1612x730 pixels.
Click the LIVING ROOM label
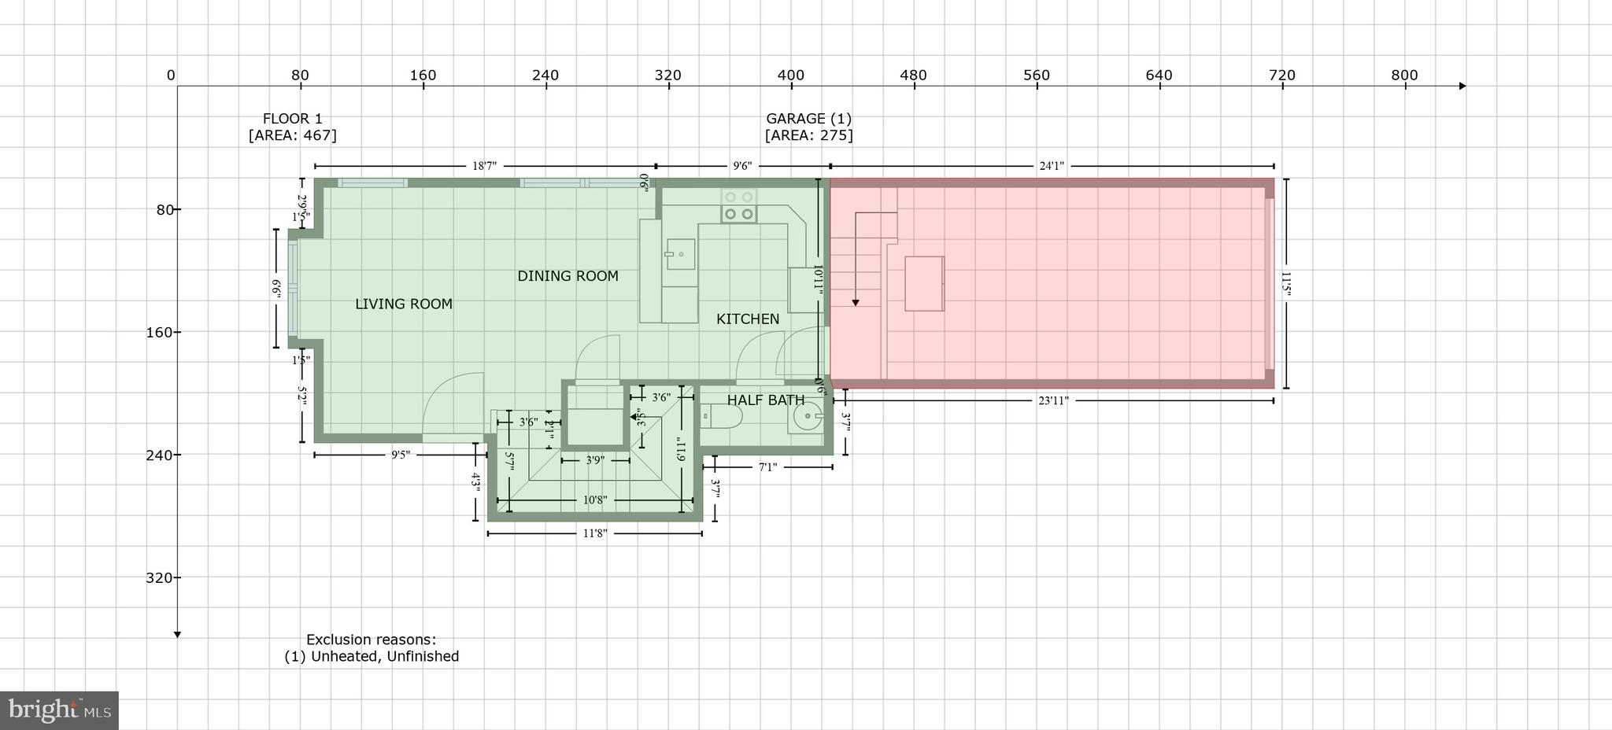click(403, 304)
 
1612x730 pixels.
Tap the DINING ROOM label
click(568, 276)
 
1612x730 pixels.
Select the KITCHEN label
click(748, 319)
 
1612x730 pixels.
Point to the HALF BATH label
click(765, 400)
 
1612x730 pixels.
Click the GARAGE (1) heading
click(808, 119)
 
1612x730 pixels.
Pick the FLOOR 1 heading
click(292, 119)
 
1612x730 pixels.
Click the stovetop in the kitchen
click(739, 206)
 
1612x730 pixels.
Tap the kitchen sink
click(680, 254)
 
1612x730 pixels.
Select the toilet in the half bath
click(720, 415)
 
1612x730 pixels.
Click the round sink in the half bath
click(806, 416)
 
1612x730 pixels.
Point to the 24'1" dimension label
click(1052, 166)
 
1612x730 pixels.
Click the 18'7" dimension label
click(484, 166)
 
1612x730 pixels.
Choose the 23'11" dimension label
click(1053, 400)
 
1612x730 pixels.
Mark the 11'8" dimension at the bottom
click(595, 533)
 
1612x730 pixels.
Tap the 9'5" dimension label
click(401, 455)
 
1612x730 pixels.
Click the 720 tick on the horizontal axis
click(1281, 76)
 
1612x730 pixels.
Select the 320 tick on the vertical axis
click(160, 578)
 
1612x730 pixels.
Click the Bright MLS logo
click(59, 710)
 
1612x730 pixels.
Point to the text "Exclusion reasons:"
click(371, 640)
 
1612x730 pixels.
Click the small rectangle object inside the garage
click(924, 283)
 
